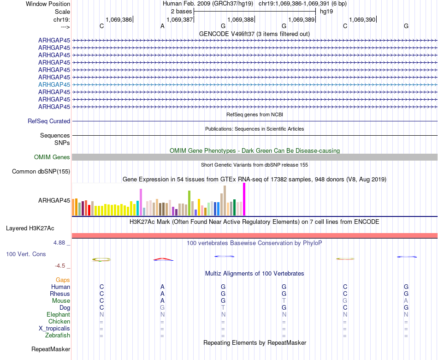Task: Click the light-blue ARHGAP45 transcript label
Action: pyautogui.click(x=54, y=84)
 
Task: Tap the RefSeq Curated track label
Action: pyautogui.click(x=49, y=121)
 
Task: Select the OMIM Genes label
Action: pyautogui.click(x=52, y=157)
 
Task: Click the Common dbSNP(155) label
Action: pyautogui.click(x=41, y=172)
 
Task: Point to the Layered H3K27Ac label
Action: pyautogui.click(x=30, y=228)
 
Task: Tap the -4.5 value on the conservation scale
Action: pyautogui.click(x=62, y=266)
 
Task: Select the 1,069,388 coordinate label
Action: pyautogui.click(x=240, y=20)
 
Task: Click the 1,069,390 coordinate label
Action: pyautogui.click(x=362, y=20)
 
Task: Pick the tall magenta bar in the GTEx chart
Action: pyautogui.click(x=244, y=199)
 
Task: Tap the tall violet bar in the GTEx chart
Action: pyautogui.click(x=141, y=202)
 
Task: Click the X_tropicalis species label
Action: pyautogui.click(x=54, y=329)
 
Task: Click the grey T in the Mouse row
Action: pyautogui.click(x=284, y=301)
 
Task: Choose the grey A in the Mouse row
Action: pyautogui.click(x=406, y=301)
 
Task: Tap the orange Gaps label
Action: pyautogui.click(x=63, y=280)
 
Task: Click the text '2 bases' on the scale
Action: pyautogui.click(x=181, y=11)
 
